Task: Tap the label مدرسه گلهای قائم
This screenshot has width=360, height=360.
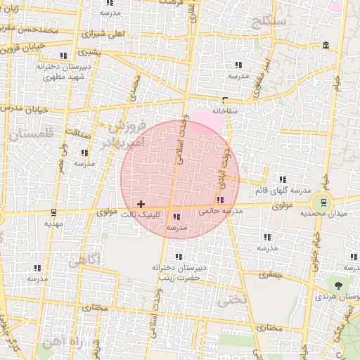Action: [x=281, y=191]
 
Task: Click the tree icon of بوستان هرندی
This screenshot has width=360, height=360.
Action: [x=339, y=285]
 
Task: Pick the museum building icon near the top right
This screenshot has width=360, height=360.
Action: [x=325, y=46]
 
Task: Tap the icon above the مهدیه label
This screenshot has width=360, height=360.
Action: [x=53, y=212]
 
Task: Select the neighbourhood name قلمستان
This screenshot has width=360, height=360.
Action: [x=28, y=131]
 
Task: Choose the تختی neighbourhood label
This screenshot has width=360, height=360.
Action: [x=232, y=300]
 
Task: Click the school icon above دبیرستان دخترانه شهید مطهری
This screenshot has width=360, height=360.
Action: [x=63, y=55]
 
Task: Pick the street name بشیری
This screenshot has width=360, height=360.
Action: [x=89, y=51]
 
